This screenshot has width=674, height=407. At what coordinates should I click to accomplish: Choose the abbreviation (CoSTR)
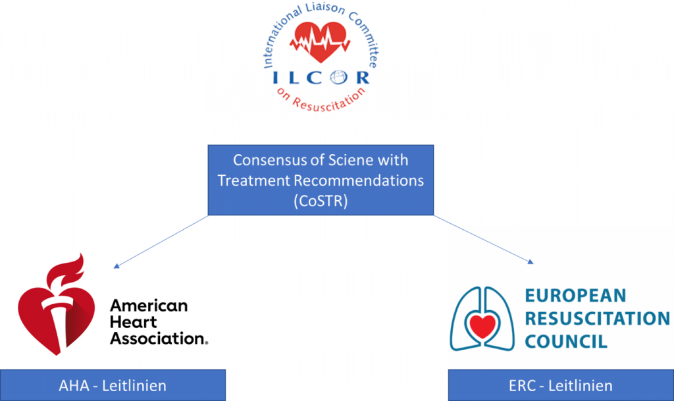click(x=321, y=200)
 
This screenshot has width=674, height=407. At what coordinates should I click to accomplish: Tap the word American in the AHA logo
click(x=149, y=306)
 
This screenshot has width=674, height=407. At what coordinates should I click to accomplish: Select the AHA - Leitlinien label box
click(x=113, y=385)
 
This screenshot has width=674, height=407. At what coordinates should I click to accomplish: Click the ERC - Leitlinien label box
click(x=560, y=385)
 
